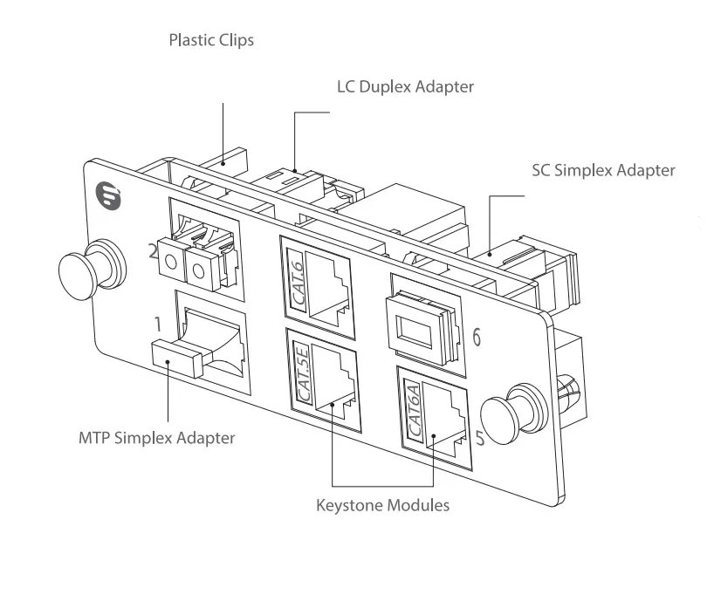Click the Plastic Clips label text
(211, 40)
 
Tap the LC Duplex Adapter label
(405, 86)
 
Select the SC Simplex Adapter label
(603, 170)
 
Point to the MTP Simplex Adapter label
(155, 437)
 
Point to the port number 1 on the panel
(157, 325)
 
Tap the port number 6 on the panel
(477, 335)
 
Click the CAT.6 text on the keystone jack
(297, 277)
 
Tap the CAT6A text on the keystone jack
(416, 410)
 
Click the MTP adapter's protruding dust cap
(179, 356)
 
